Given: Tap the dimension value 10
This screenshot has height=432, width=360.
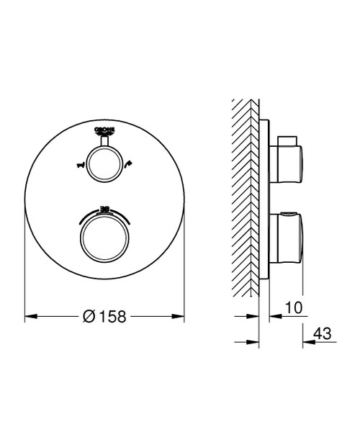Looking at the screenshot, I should pyautogui.click(x=293, y=307).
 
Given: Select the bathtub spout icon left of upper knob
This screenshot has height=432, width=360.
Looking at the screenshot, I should pyautogui.click(x=80, y=166).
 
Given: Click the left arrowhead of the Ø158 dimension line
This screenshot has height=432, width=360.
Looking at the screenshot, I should pyautogui.click(x=30, y=315).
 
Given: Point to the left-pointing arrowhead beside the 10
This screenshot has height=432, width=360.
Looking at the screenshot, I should pyautogui.click(x=273, y=315).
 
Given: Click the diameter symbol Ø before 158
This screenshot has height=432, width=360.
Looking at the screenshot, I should pyautogui.click(x=87, y=316).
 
